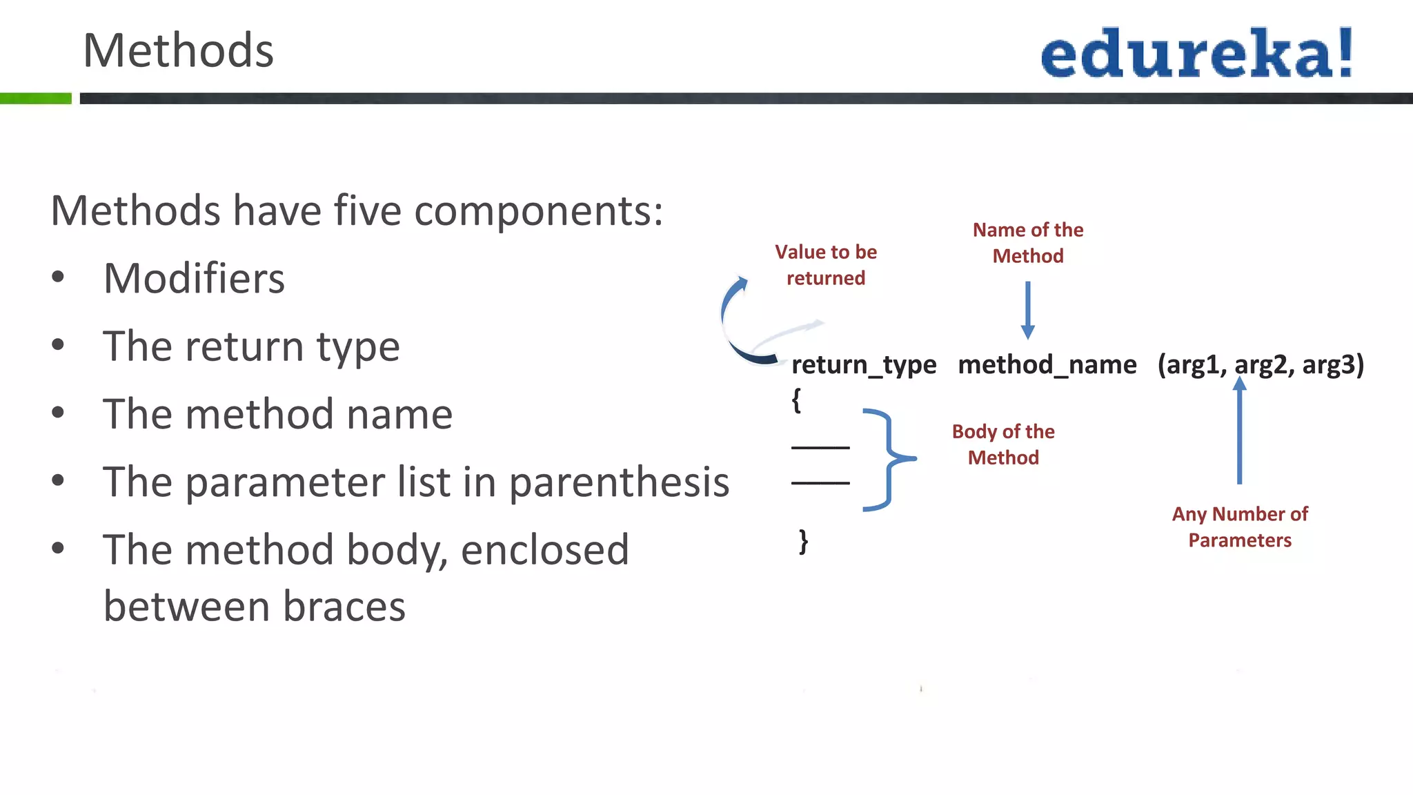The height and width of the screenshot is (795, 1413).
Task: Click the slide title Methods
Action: [178, 51]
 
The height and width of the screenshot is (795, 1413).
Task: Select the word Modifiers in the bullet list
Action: [194, 279]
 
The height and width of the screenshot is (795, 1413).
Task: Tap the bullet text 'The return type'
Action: [251, 346]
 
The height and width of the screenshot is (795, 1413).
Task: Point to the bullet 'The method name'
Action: [277, 414]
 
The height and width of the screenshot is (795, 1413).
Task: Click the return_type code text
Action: [864, 364]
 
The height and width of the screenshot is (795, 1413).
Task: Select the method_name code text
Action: [1047, 364]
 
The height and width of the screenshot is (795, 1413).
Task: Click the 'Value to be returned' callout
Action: [826, 265]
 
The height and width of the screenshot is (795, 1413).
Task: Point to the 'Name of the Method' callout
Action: [1028, 243]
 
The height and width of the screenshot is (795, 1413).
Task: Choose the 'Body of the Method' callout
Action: [1003, 444]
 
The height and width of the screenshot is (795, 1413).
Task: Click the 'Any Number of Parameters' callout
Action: [1240, 527]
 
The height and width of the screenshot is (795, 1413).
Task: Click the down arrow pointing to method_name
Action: [1027, 310]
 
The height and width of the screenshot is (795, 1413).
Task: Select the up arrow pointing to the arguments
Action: [1240, 431]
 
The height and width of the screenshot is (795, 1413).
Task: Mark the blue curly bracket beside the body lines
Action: [889, 459]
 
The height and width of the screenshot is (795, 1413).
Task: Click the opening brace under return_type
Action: [796, 400]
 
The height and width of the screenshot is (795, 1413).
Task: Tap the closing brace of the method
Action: [803, 542]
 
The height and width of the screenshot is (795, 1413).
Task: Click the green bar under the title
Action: [36, 99]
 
